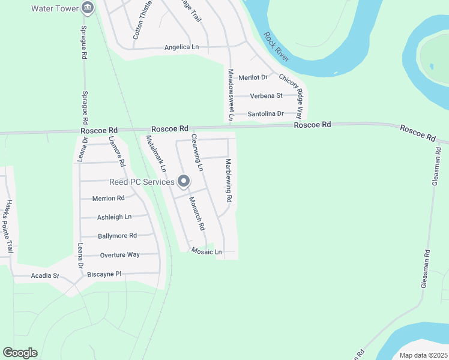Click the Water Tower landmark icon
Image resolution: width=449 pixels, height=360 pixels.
(88, 8)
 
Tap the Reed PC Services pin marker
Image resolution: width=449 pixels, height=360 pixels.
(184, 181)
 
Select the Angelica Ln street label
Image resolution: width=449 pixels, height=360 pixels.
(181, 47)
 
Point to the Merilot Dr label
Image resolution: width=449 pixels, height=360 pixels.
(252, 77)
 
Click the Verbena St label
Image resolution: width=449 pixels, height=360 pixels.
(267, 95)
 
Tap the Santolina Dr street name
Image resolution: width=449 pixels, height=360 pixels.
(265, 114)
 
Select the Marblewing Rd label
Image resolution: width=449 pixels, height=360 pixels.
(228, 179)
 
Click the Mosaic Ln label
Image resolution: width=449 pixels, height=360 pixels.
(206, 252)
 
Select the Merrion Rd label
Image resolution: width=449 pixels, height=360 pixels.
(108, 198)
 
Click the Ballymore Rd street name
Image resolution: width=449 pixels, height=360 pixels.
(117, 236)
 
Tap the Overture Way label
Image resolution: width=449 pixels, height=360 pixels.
(119, 254)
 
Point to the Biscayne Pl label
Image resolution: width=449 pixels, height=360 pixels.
(104, 274)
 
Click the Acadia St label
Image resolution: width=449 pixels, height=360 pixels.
(45, 276)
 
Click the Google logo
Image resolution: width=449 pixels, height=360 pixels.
(20, 353)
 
